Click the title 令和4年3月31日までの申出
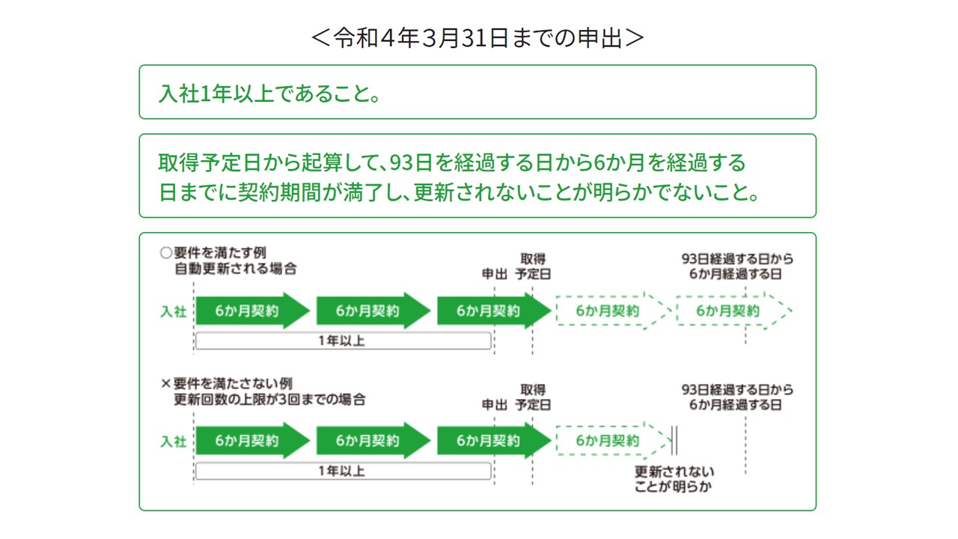[x=478, y=37]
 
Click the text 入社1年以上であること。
[x=269, y=94]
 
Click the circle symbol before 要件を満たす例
[x=166, y=253]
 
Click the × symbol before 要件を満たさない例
[x=166, y=383]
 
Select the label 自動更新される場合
[x=236, y=269]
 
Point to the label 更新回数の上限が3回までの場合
[x=269, y=400]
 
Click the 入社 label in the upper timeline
[x=173, y=311]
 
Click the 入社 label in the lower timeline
[x=173, y=442]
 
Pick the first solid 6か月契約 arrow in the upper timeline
[x=253, y=311]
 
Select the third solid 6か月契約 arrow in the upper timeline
[x=494, y=311]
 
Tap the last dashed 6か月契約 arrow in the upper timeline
[x=734, y=311]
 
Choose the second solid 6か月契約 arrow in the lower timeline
[x=373, y=441]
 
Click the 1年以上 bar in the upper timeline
[x=343, y=341]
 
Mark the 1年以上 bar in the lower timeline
[x=343, y=471]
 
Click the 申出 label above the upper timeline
[x=495, y=274]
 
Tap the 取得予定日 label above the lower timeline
[x=533, y=397]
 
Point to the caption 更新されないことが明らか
[x=674, y=479]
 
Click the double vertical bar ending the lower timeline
[x=674, y=441]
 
